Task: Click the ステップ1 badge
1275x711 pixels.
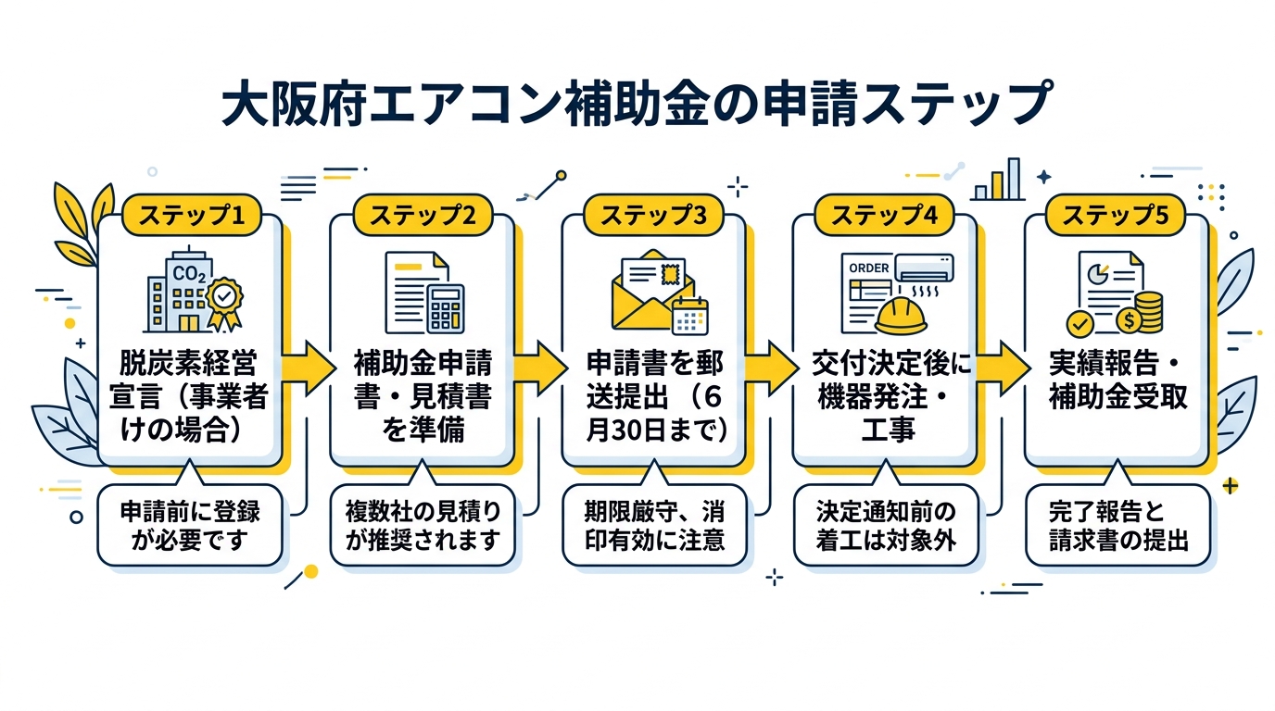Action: [x=190, y=215]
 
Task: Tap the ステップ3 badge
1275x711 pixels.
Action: [x=652, y=215]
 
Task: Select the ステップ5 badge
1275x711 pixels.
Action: [x=1115, y=215]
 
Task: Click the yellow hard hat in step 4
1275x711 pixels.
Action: [x=902, y=315]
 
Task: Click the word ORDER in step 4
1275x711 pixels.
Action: [x=868, y=268]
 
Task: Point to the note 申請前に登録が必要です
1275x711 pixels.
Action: [x=190, y=525]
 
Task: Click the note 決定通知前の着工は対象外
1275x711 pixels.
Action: [x=885, y=525]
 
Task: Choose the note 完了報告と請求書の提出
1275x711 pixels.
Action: [x=1117, y=525]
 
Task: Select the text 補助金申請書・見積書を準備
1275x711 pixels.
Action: [x=423, y=396]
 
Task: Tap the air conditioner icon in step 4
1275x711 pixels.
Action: [x=921, y=268]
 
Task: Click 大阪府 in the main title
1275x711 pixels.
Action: [x=290, y=105]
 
